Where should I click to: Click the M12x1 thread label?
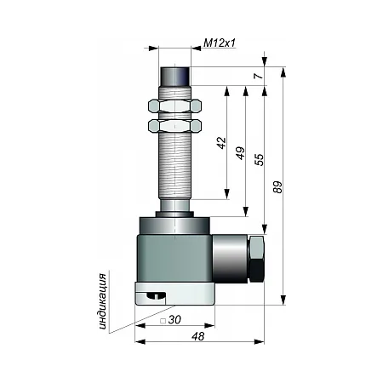click(220, 43)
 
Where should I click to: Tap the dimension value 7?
click(259, 76)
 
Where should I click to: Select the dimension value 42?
click(221, 143)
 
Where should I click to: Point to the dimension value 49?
click(240, 153)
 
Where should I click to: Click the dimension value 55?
click(259, 160)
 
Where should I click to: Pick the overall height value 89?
click(278, 187)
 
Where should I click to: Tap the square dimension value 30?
click(174, 320)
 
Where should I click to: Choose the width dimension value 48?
click(197, 336)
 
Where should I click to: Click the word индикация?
click(103, 301)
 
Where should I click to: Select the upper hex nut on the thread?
click(174, 106)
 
